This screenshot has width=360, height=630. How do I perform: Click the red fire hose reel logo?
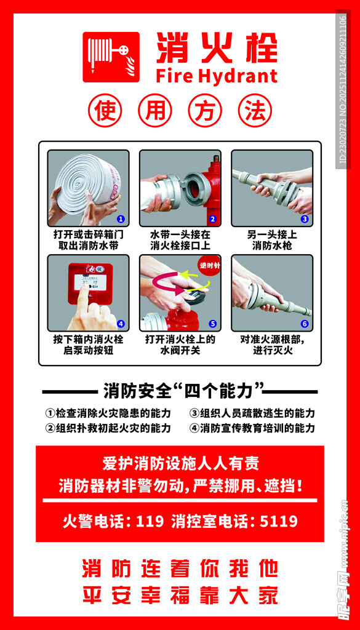[x=111, y=57]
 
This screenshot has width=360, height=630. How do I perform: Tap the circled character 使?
[x=105, y=111]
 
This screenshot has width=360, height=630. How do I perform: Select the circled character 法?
[x=255, y=111]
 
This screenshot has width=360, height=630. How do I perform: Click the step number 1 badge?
[x=121, y=218]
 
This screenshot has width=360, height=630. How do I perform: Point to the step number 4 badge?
[x=121, y=323]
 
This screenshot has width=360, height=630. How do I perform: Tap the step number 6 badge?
[x=304, y=324]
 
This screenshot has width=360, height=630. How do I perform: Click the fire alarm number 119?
[x=150, y=522]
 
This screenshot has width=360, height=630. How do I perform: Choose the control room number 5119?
[x=279, y=522]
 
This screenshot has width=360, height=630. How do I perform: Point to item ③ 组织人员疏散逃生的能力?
[x=252, y=413]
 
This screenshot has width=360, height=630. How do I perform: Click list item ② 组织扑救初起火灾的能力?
[x=108, y=428]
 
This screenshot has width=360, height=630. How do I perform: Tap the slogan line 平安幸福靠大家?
[x=180, y=595]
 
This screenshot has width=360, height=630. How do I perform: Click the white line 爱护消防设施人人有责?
[x=180, y=463]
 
